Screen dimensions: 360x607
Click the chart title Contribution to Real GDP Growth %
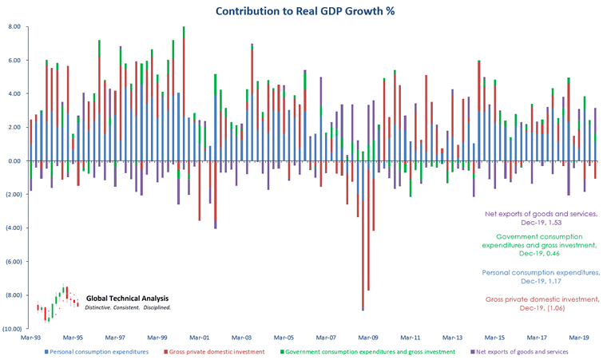click(305, 11)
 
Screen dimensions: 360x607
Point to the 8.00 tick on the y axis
click(14, 26)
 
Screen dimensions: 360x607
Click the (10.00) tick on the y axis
click(11, 329)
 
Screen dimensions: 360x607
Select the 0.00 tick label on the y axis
click(14, 161)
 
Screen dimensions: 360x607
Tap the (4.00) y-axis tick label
click(13, 228)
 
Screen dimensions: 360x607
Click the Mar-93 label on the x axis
click(31, 338)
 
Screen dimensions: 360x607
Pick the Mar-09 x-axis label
click(368, 338)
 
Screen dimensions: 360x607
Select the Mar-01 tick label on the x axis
click(200, 338)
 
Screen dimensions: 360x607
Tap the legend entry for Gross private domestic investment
click(215, 351)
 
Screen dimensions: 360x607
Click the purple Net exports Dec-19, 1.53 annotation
click(542, 218)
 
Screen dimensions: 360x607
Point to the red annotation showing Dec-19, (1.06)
click(542, 303)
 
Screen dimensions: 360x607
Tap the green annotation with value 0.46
click(545, 246)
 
